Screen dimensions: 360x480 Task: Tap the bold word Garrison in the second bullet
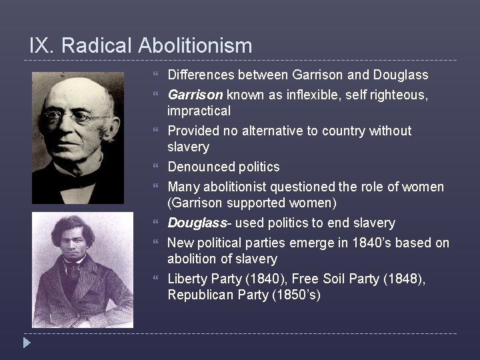(x=195, y=95)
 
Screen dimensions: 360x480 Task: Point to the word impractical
(x=199, y=111)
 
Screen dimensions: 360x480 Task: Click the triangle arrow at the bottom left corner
(x=26, y=343)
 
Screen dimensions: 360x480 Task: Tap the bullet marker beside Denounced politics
(x=156, y=167)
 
